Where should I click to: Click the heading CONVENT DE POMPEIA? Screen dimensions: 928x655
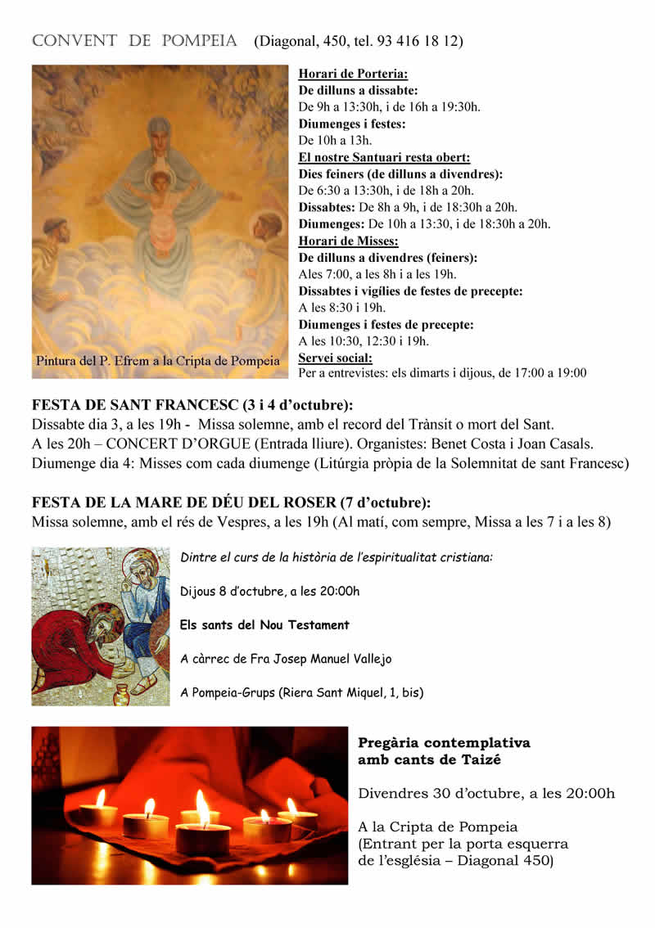tap(134, 41)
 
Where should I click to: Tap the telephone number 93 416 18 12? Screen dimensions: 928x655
tap(418, 41)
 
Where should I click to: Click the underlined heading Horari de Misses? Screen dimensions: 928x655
tap(348, 241)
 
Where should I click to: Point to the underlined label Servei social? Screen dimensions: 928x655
tap(336, 358)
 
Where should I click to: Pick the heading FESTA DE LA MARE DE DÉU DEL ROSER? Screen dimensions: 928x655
tap(208, 502)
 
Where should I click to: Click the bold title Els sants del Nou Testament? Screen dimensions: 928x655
tap(264, 624)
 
